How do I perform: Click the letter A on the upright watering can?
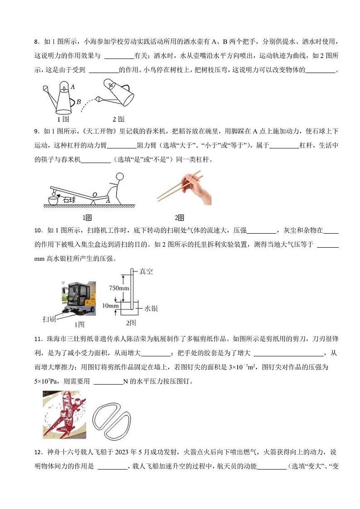73,86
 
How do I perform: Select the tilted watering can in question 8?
117,94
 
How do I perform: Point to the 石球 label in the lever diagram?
69,199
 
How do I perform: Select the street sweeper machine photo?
78,298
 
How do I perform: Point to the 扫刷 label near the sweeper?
49,319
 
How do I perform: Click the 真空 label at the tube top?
146,271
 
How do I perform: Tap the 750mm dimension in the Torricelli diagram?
119,288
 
